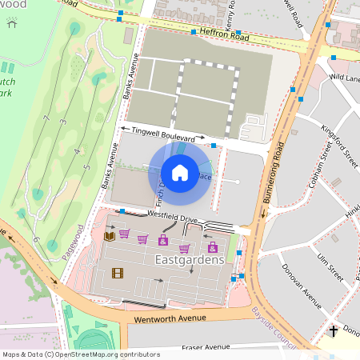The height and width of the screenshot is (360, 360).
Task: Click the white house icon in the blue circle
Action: pyautogui.click(x=180, y=172)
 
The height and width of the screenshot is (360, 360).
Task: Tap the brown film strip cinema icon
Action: pyautogui.click(x=118, y=273)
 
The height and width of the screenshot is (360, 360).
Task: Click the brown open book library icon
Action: pyautogui.click(x=110, y=236)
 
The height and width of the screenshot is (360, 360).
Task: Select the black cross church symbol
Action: pyautogui.click(x=334, y=330)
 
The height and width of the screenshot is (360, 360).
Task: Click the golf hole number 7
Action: pyautogui.click(x=46, y=120)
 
